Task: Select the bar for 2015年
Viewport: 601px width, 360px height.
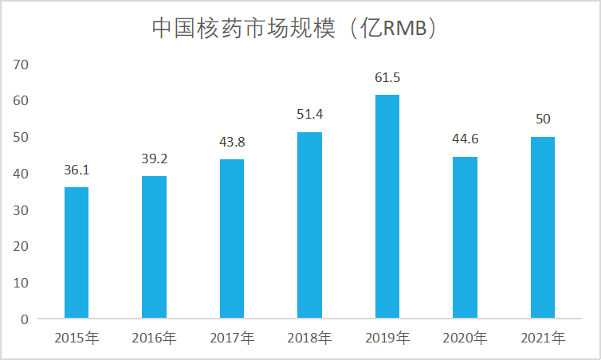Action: point(77,253)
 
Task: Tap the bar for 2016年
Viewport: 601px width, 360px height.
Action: point(154,248)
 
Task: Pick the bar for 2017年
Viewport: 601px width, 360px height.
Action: point(232,239)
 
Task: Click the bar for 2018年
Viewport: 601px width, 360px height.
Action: point(309,225)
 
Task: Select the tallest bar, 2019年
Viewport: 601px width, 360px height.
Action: point(387,207)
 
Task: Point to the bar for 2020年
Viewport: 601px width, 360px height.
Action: point(465,238)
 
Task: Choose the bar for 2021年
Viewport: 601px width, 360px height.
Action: point(543,228)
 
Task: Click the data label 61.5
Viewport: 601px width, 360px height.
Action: point(387,78)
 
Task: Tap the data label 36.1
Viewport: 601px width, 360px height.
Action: point(77,170)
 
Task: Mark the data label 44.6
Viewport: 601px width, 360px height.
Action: point(465,140)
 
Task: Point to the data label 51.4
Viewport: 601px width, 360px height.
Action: point(309,115)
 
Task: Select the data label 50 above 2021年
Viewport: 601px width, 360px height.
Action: point(543,119)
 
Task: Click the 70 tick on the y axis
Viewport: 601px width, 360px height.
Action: point(22,64)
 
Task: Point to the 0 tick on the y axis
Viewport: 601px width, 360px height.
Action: point(25,319)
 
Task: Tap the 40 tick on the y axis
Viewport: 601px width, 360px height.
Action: point(22,174)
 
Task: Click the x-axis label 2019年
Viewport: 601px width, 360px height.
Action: point(387,338)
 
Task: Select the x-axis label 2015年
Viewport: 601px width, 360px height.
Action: point(77,338)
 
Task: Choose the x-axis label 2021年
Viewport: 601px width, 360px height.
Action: point(543,338)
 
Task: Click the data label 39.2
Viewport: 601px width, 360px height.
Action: point(154,159)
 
